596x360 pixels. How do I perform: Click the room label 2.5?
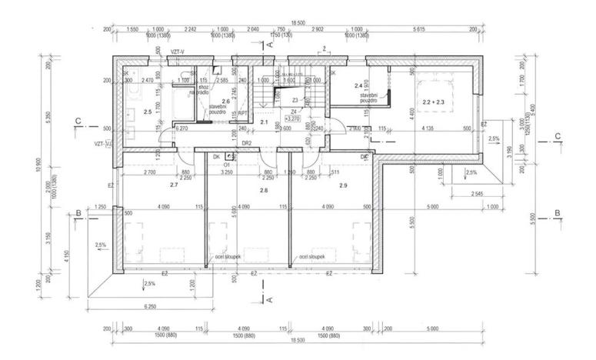coord(148,112)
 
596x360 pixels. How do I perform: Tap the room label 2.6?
coord(225,101)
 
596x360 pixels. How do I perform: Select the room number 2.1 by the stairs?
coord(264,122)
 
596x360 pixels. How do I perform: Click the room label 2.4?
coord(358,85)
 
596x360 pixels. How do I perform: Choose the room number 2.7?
coord(174,185)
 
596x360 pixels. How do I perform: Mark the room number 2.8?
coord(264,189)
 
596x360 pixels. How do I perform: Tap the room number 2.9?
coord(343,186)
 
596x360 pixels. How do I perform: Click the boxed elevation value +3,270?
coord(292,119)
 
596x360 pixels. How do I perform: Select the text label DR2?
coord(247,143)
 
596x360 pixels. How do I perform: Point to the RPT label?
coord(241,112)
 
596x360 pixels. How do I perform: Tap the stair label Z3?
coord(295,100)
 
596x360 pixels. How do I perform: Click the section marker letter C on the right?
coord(558,138)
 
